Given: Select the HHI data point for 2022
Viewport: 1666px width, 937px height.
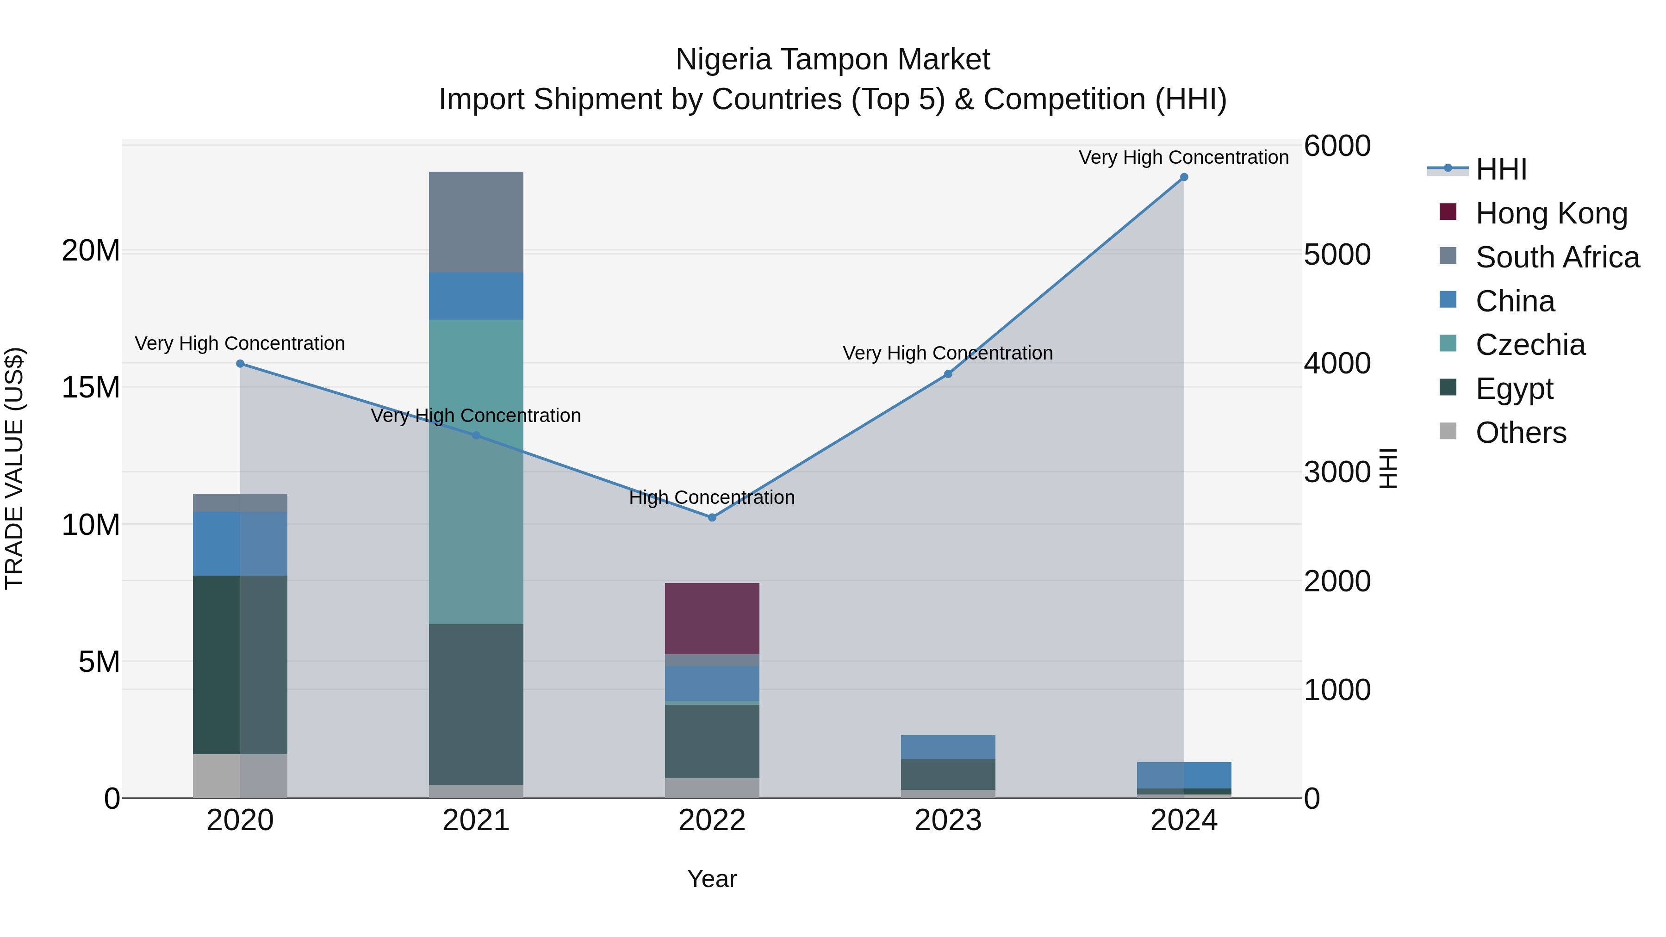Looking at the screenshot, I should [x=712, y=517].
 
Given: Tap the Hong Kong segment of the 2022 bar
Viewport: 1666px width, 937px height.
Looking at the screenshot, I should [x=712, y=618].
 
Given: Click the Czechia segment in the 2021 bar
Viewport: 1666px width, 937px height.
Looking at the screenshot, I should [x=476, y=472].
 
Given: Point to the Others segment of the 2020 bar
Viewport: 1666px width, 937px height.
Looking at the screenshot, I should [x=240, y=776].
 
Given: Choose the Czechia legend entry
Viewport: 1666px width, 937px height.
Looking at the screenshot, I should [x=1530, y=345].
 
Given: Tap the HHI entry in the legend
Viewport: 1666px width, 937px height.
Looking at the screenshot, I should [x=1500, y=169].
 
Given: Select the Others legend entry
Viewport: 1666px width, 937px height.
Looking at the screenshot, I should [x=1521, y=433].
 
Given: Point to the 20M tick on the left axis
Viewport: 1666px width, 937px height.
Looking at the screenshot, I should [x=91, y=250].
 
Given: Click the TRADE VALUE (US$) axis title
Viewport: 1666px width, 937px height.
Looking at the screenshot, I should [x=14, y=468].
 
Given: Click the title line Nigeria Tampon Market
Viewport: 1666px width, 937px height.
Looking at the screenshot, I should [x=833, y=60].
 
